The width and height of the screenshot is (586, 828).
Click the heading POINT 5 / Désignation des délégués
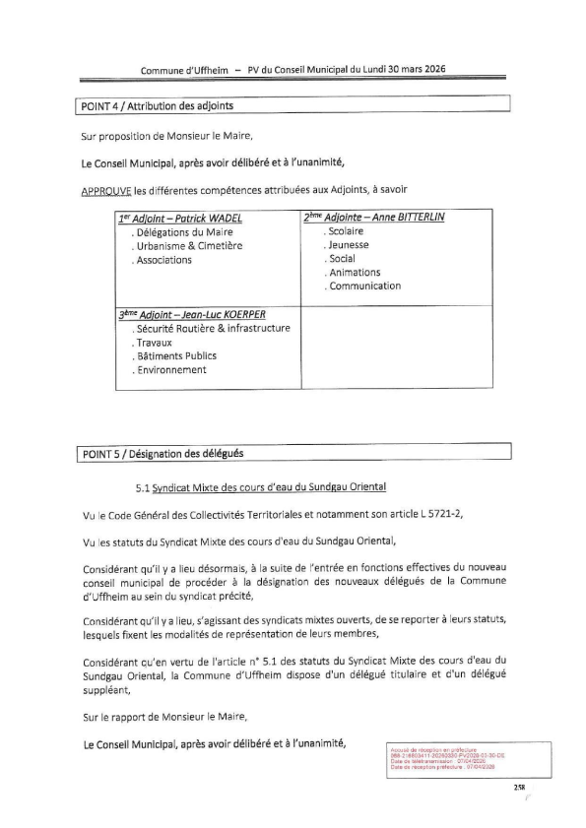160,453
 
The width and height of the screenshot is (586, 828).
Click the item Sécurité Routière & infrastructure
214,328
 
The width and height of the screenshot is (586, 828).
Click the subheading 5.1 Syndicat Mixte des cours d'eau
261,486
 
